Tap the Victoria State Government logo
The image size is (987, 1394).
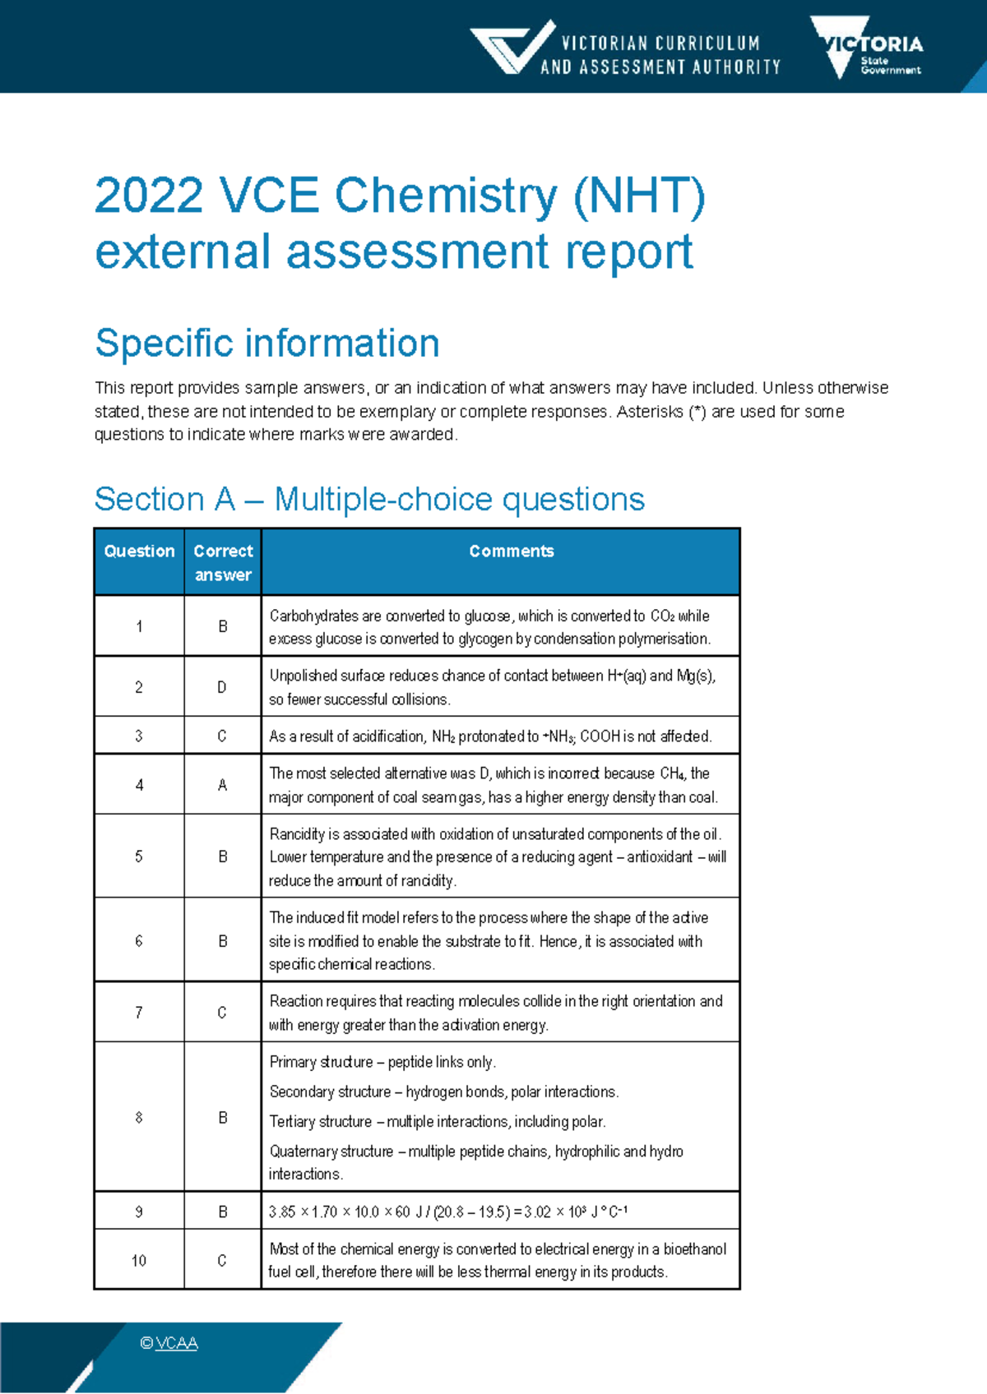pyautogui.click(x=867, y=48)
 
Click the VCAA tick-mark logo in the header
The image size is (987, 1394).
pyautogui.click(x=512, y=48)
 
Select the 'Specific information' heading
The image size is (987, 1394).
pyautogui.click(x=267, y=343)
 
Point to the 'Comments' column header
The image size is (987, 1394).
pyautogui.click(x=512, y=551)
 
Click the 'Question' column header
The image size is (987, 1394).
pyautogui.click(x=139, y=551)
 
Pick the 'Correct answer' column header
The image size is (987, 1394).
pyautogui.click(x=223, y=562)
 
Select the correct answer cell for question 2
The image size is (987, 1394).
pyautogui.click(x=222, y=686)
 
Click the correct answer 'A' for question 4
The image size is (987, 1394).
pyautogui.click(x=222, y=785)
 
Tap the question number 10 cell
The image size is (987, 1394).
pyautogui.click(x=139, y=1260)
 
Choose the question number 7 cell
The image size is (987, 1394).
pyautogui.click(x=139, y=1013)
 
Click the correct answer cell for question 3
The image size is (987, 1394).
pyautogui.click(x=222, y=736)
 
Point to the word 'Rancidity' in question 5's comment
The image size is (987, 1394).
pyautogui.click(x=297, y=834)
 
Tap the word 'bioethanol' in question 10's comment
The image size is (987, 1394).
pyautogui.click(x=695, y=1249)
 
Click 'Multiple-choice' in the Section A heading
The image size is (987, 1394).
pyautogui.click(x=383, y=499)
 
